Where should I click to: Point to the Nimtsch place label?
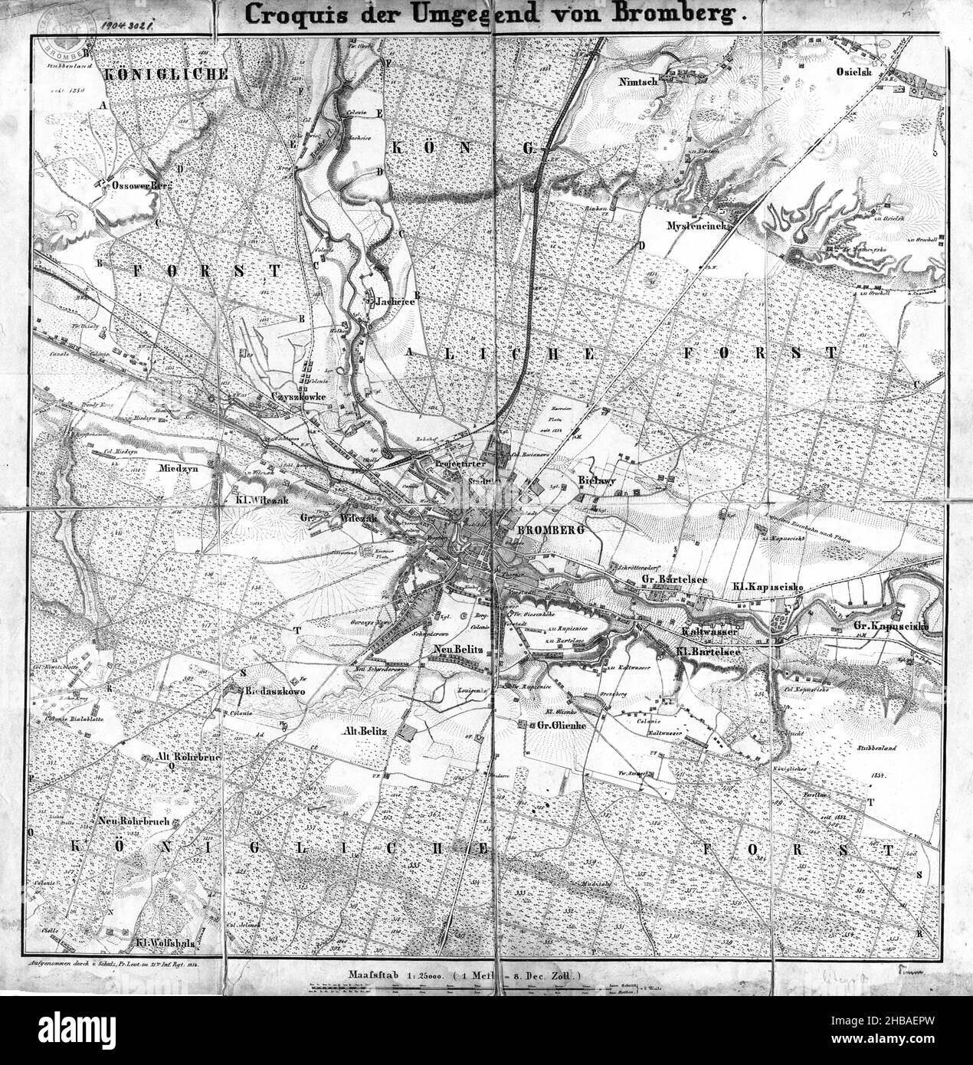[643, 79]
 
